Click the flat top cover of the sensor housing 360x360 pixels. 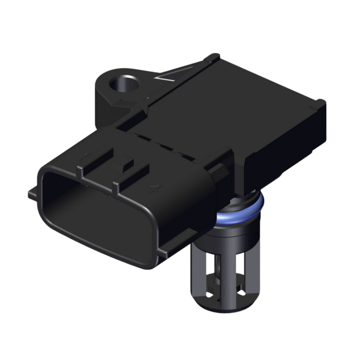pyautogui.click(x=242, y=100)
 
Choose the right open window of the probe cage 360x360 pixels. pyautogui.click(x=244, y=273)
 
